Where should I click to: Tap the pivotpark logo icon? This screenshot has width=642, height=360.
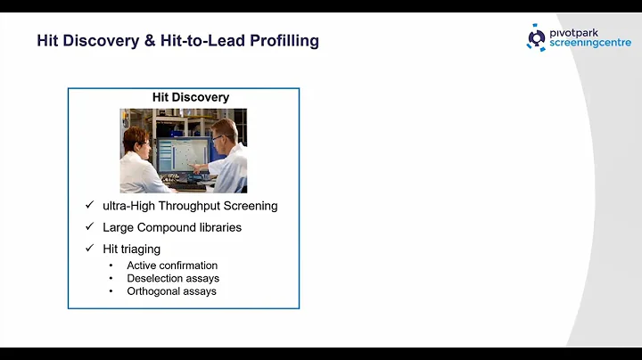(x=537, y=37)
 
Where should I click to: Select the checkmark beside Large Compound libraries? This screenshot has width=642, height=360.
(x=89, y=227)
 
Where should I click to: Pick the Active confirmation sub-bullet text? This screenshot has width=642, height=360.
(x=172, y=266)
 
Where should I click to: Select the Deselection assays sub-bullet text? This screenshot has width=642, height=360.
(x=173, y=278)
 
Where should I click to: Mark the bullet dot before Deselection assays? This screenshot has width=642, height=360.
(x=111, y=278)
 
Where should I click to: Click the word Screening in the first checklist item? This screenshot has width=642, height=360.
(x=253, y=206)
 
